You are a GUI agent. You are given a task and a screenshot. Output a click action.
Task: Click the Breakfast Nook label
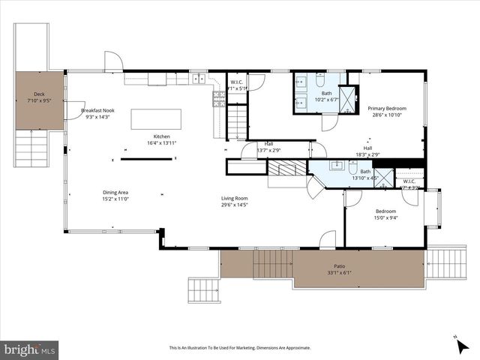pyautogui.click(x=97, y=110)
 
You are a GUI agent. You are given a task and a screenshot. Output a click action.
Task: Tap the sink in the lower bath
pyautogui.click(x=337, y=164)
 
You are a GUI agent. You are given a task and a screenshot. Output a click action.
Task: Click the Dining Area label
pyautogui.click(x=115, y=193)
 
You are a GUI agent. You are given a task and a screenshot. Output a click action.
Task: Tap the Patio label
pyautogui.click(x=340, y=266)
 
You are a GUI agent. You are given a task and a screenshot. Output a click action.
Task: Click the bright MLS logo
pyautogui.click(x=30, y=349)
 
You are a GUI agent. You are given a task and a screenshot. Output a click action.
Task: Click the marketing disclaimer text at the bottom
pyautogui.click(x=240, y=348)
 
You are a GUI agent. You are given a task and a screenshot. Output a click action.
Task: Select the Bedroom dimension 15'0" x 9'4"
pyautogui.click(x=386, y=217)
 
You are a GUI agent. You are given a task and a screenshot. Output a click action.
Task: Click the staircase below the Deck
pyautogui.click(x=31, y=148)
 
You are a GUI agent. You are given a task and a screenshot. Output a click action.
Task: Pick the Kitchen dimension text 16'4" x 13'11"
pyautogui.click(x=162, y=142)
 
